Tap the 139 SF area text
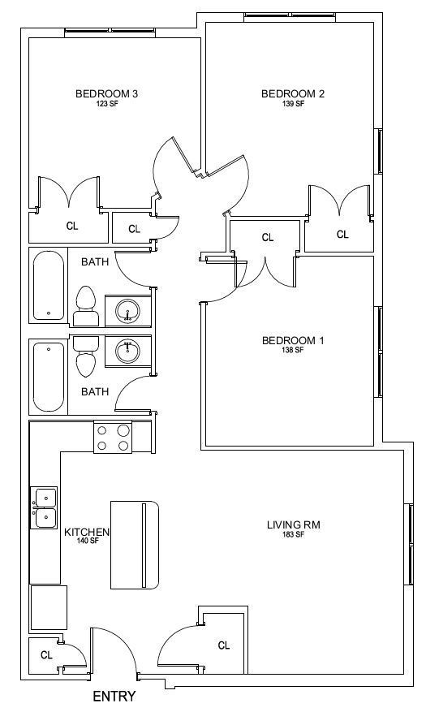tap(293, 104)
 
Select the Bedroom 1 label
tap(293, 340)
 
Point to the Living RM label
tap(293, 525)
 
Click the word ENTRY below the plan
tap(114, 696)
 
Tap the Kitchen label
tap(87, 532)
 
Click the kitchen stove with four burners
tap(113, 438)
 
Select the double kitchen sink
tap(44, 507)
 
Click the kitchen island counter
tap(135, 545)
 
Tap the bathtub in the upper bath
tap(48, 286)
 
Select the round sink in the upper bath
tap(128, 311)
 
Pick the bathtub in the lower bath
tap(48, 377)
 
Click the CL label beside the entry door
tap(47, 655)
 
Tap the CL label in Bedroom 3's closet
tap(72, 227)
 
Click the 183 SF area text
tap(293, 534)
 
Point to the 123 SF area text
tap(106, 104)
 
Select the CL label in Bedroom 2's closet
tap(342, 235)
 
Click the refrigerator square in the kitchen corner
tap(49, 607)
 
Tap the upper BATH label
tap(95, 262)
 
